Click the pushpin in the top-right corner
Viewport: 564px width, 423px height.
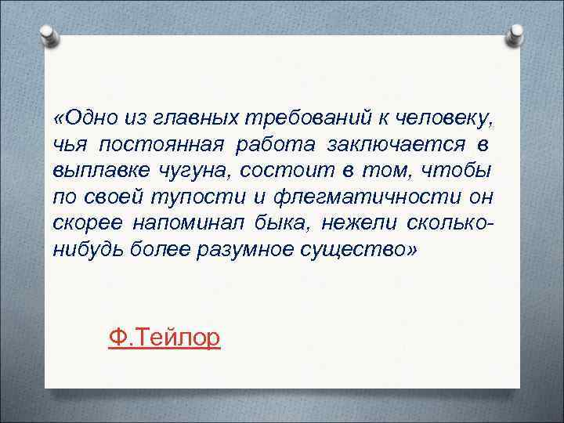(x=515, y=32)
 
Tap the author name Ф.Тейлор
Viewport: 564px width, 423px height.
(x=165, y=338)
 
